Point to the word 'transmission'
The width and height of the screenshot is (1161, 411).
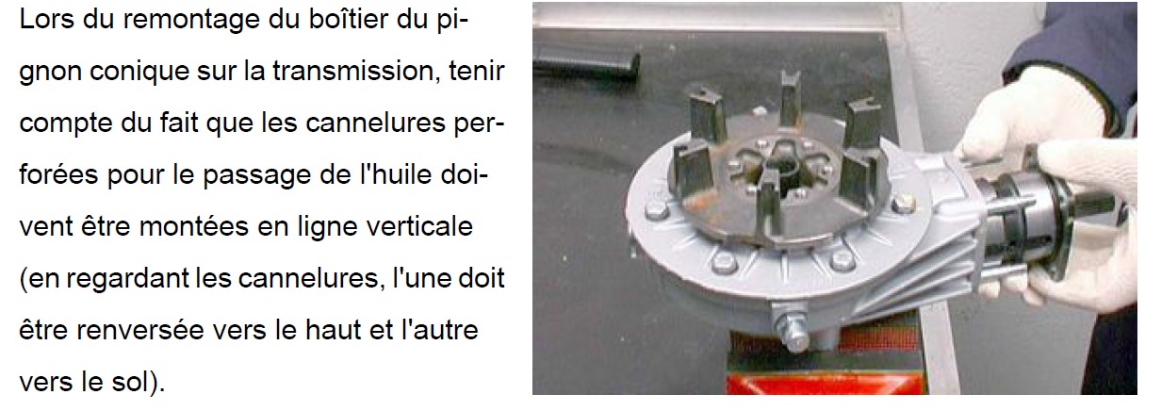pos(353,71)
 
